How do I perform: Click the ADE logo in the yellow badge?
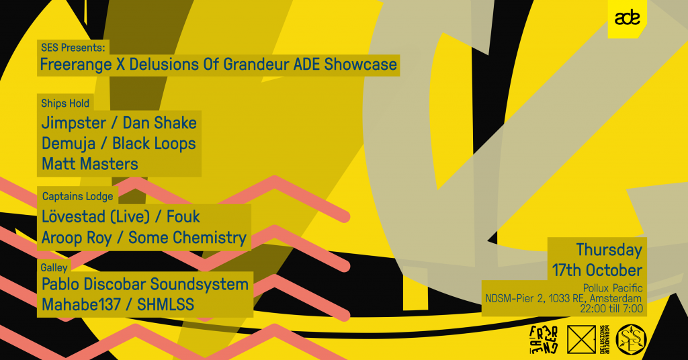[627, 18]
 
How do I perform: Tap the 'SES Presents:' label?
[73, 48]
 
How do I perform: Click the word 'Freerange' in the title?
[76, 64]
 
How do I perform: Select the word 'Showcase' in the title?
[361, 64]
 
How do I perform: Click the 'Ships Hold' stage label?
[65, 103]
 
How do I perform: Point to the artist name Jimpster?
[74, 123]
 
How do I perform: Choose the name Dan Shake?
[159, 123]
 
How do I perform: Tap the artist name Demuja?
[69, 144]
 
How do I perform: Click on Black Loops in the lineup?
[154, 143]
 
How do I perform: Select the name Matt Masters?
[90, 164]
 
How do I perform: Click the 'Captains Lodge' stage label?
[78, 196]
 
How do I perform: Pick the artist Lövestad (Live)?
[95, 217]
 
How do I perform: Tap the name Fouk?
[183, 217]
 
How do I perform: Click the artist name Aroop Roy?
[77, 238]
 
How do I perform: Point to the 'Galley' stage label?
[54, 267]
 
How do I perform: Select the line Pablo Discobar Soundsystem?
[145, 284]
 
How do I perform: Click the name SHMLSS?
[165, 305]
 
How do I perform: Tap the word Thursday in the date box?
[609, 249]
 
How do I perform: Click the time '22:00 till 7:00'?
[611, 309]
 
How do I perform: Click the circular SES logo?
[632, 340]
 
